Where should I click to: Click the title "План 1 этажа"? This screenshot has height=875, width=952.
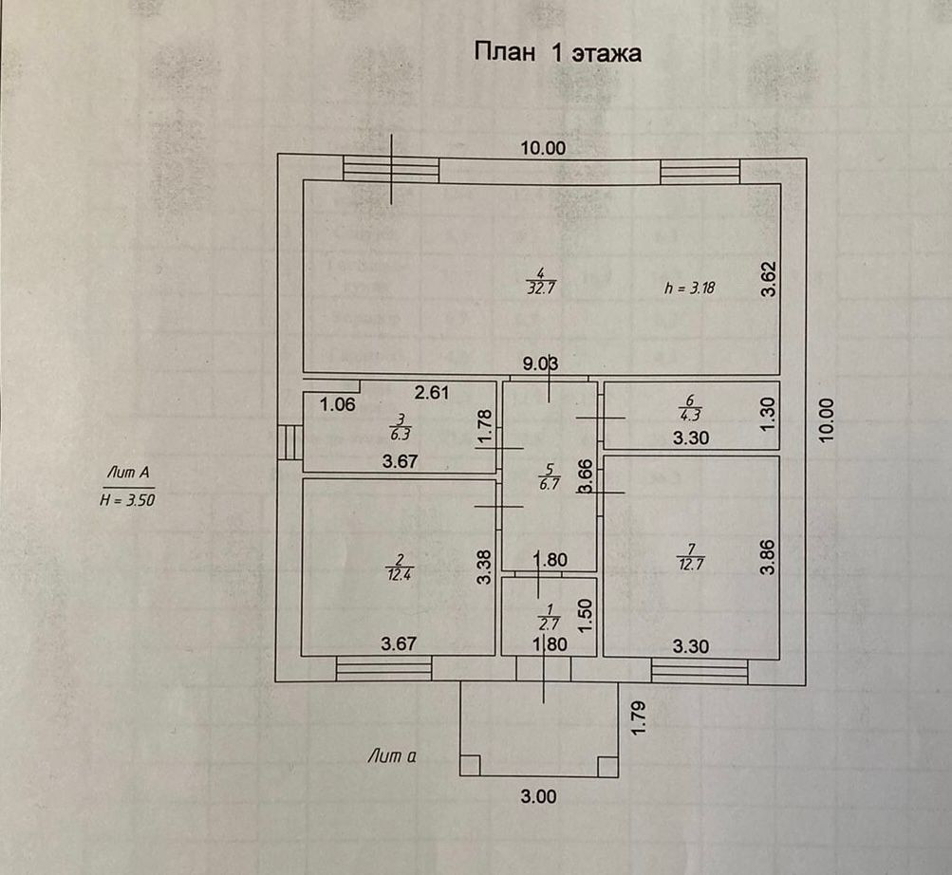[x=557, y=52]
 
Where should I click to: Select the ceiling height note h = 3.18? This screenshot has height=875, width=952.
[x=689, y=289]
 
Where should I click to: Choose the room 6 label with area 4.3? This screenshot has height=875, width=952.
[x=690, y=407]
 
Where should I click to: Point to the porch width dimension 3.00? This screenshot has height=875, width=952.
[x=538, y=796]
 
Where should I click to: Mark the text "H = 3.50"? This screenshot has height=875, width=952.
[x=126, y=500]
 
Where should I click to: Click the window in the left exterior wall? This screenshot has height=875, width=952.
[x=288, y=442]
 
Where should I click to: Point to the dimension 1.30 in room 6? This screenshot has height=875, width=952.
[x=770, y=410]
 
